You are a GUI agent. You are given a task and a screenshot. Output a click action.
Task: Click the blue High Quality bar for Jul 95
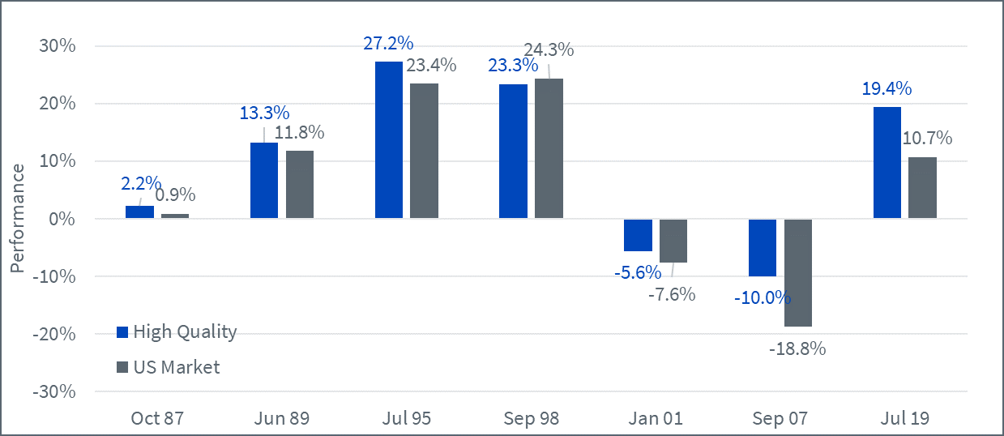[389, 139]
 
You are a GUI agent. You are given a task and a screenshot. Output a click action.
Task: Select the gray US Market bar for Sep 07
[797, 272]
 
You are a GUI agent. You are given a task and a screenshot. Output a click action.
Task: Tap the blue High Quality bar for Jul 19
[887, 162]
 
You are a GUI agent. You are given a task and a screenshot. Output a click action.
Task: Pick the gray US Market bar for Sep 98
[549, 148]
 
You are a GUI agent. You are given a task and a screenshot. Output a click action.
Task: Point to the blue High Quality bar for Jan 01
[638, 235]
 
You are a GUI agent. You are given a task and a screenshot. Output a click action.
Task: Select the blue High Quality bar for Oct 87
[139, 212]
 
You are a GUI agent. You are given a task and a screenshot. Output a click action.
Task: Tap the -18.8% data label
[797, 349]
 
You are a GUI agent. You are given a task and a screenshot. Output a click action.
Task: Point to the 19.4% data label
[887, 88]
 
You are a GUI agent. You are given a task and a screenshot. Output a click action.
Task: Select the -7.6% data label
[671, 294]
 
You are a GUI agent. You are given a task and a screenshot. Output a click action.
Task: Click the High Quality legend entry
[177, 331]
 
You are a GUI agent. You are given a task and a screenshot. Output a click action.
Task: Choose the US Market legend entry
[168, 367]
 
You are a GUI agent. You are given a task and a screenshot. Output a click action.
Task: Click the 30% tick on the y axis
[58, 46]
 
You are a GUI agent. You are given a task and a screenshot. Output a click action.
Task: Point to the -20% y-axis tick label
[54, 334]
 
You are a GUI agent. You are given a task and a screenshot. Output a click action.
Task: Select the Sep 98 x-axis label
[531, 418]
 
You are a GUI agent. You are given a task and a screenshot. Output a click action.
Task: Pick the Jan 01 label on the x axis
[656, 418]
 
